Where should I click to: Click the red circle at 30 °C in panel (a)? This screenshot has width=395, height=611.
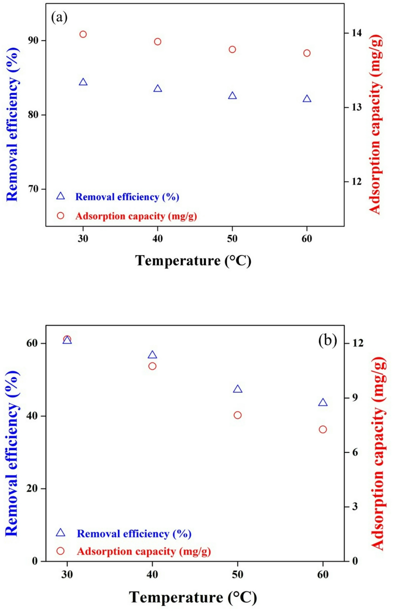[83, 34]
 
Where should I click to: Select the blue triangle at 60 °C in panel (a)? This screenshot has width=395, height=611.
[307, 99]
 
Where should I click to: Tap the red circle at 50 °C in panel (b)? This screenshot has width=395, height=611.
[237, 415]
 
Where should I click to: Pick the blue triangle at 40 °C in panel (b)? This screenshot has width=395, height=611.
[152, 355]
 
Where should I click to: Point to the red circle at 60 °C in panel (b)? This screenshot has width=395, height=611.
[323, 429]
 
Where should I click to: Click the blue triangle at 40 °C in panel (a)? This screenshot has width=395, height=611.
[158, 89]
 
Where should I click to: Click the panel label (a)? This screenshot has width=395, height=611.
[59, 18]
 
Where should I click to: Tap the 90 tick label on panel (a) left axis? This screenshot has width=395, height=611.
[33, 41]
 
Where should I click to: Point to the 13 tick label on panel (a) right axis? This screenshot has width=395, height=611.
[356, 107]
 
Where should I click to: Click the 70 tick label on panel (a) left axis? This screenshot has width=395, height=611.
[33, 189]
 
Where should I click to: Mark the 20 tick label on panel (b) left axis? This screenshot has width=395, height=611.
[32, 488]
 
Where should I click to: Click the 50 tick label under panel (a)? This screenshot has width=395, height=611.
[232, 239]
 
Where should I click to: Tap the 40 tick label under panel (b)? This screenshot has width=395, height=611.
[152, 574]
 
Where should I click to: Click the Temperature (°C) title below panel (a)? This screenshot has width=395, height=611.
[193, 261]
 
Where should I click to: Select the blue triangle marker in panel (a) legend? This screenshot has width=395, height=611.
[61, 196]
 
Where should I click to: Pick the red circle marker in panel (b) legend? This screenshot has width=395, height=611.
[61, 551]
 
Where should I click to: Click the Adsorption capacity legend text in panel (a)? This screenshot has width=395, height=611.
[136, 216]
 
